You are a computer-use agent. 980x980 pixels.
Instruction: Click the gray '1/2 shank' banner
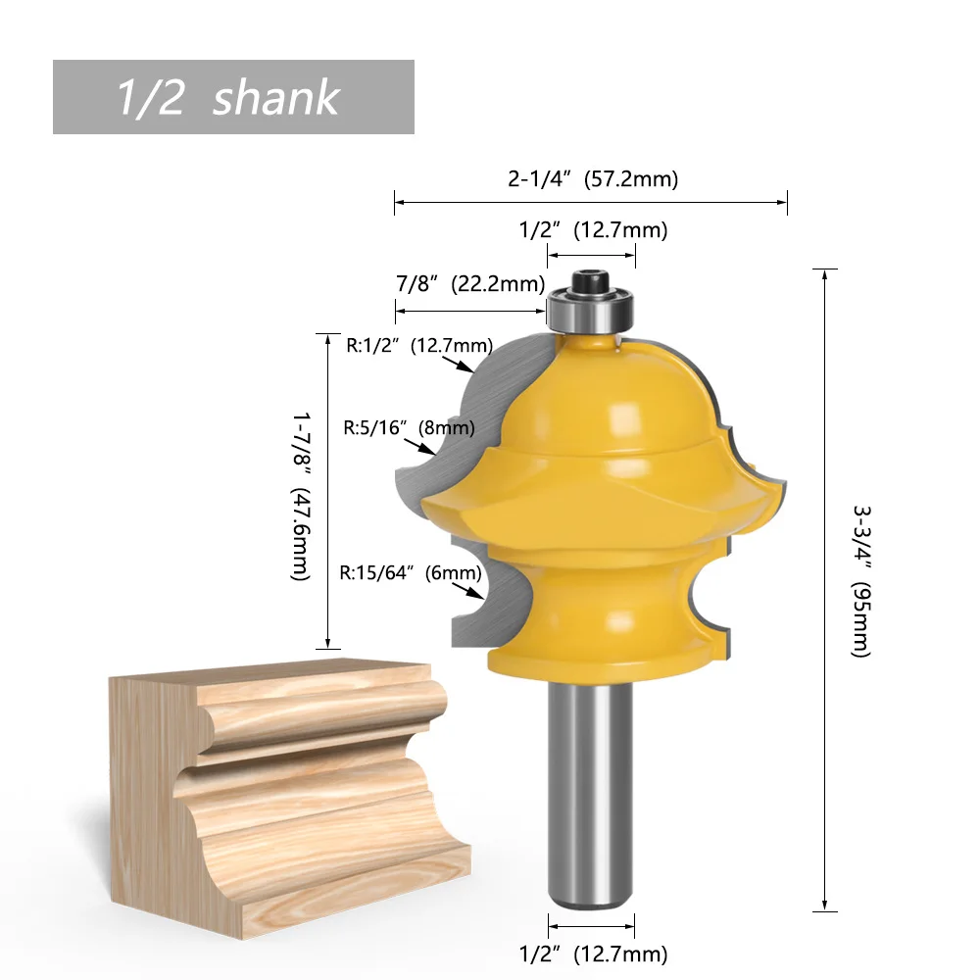pos(233,97)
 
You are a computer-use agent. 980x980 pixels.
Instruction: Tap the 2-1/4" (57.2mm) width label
pos(593,179)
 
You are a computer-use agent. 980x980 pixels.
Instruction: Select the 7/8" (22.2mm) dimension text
pos(470,284)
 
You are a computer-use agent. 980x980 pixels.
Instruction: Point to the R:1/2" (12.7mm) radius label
pos(419,345)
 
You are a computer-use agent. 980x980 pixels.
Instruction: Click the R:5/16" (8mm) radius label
pos(409,427)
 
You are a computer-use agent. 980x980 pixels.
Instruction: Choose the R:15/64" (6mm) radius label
pos(410,572)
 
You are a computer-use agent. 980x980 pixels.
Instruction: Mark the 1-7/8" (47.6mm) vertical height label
pos(301,496)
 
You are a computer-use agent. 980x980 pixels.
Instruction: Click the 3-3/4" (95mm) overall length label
pos(861,581)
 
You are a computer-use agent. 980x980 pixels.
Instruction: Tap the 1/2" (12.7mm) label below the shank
pos(593,954)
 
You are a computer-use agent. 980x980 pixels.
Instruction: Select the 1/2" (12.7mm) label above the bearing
pos(593,230)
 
